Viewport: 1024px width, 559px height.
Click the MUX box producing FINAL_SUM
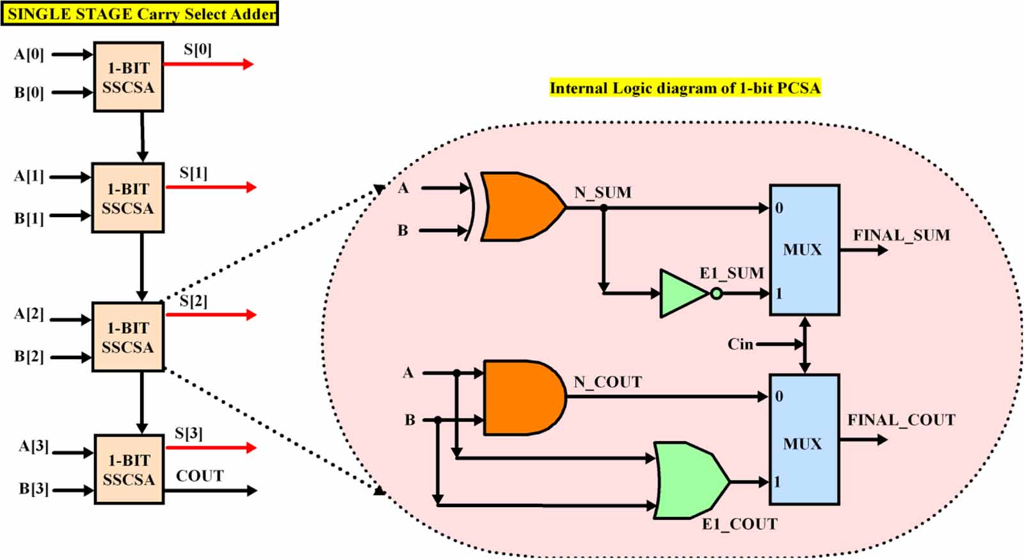[x=804, y=250]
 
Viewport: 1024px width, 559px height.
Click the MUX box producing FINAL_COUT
[x=804, y=439]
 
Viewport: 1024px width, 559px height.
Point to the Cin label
[x=740, y=344]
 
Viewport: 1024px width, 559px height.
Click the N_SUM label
[x=603, y=192]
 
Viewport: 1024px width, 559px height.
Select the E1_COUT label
[x=739, y=524]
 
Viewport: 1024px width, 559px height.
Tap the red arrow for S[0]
[x=208, y=64]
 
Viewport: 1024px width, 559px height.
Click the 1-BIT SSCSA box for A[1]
[x=128, y=198]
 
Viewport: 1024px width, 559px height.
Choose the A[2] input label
[x=29, y=314]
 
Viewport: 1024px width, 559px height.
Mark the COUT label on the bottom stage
[x=200, y=476]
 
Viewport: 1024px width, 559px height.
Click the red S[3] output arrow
[x=211, y=448]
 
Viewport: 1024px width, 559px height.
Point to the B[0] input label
[x=29, y=93]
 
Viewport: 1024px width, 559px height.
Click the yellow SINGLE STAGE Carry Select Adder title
[x=140, y=14]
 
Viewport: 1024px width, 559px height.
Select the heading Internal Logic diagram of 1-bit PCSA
[x=685, y=88]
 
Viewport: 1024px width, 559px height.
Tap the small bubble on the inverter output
[x=717, y=294]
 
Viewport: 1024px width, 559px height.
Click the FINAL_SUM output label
[x=901, y=235]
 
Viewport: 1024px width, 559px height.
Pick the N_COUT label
[x=607, y=382]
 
